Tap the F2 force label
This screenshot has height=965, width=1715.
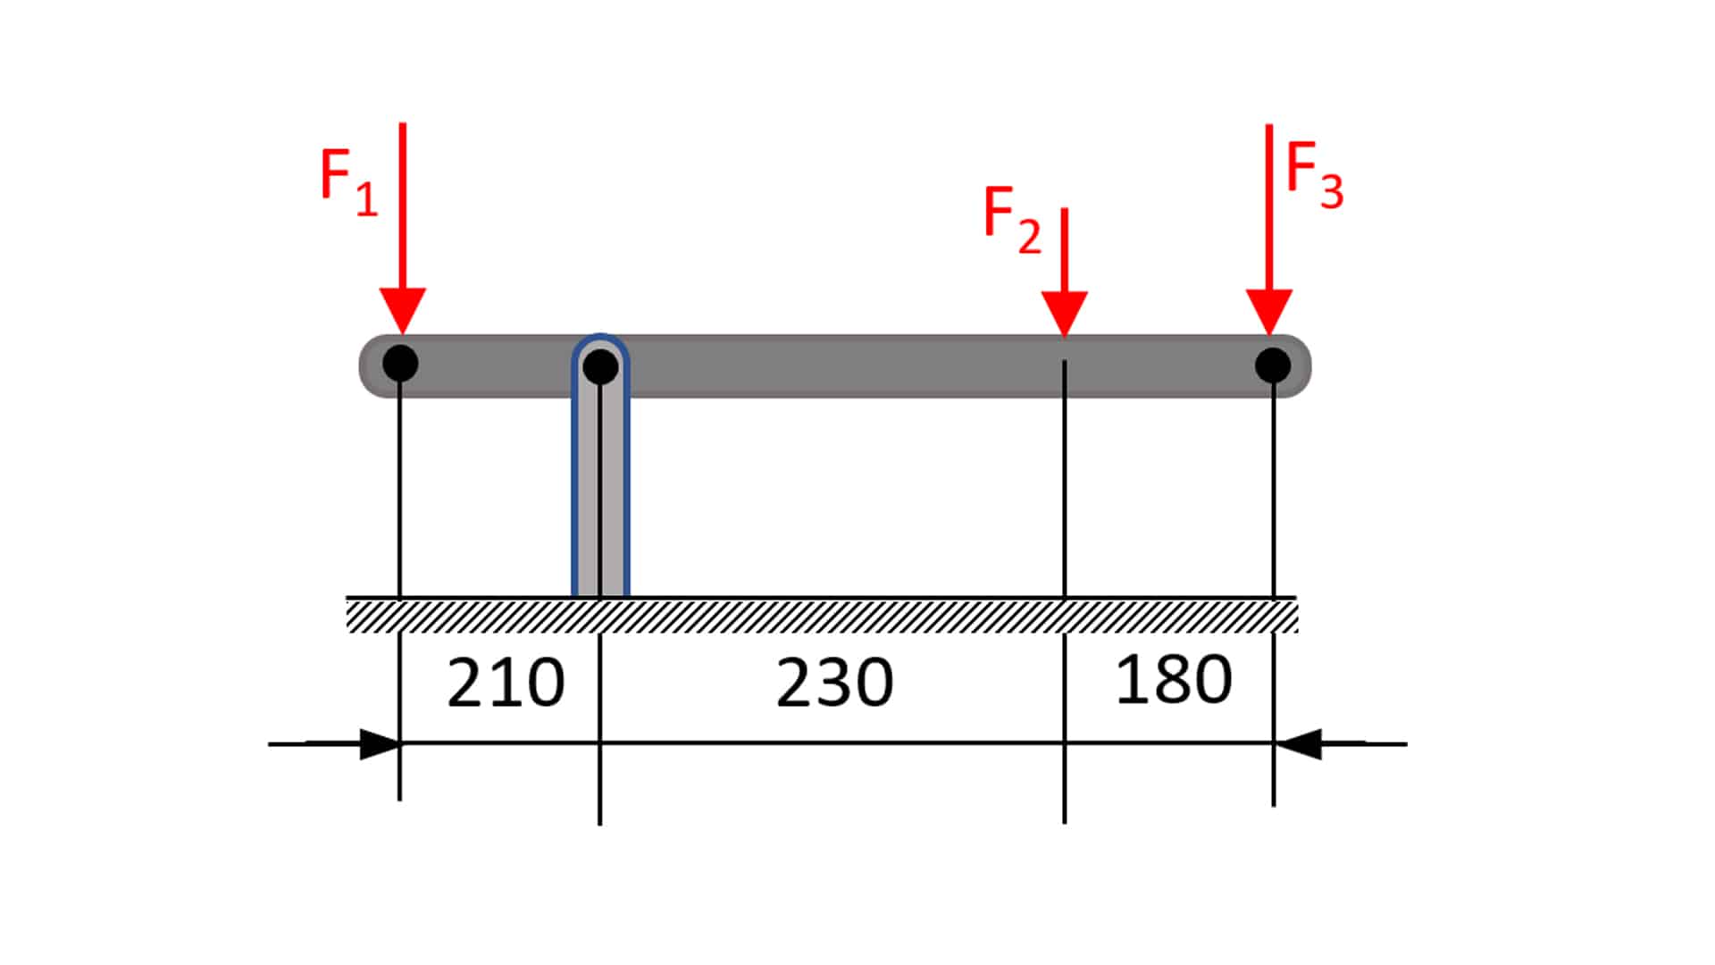coord(1012,220)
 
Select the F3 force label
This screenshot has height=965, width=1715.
coord(1314,177)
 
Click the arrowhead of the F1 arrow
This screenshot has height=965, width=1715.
coord(402,311)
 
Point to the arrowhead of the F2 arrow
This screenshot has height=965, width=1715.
coord(1064,314)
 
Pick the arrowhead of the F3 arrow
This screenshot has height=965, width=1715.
coord(1269,312)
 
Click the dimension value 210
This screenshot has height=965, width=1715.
coord(506,684)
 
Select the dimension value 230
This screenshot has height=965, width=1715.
coord(834,684)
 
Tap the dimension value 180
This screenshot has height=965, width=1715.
coord(1174,680)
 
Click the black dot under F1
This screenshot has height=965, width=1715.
coord(400,364)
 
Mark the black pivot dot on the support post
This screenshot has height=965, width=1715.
coord(600,366)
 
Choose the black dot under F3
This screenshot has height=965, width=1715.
coord(1273,365)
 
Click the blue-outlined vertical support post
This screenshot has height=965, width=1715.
coord(600,465)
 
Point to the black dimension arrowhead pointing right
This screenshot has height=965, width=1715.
coord(380,743)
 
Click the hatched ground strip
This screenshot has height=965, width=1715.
coord(822,616)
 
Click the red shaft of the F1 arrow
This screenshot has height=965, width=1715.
coord(402,206)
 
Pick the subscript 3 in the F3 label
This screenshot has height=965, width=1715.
coord(1332,192)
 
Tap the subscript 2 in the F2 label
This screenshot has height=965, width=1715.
coord(1030,236)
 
